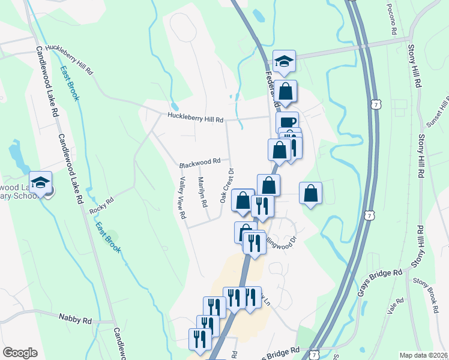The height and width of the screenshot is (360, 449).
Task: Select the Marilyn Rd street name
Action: pos(203,192)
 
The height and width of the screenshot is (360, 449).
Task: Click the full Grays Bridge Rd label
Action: pos(381,282)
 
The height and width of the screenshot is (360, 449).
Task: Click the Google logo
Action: pos(20,352)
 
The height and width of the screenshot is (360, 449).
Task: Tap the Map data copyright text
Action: pos(423,355)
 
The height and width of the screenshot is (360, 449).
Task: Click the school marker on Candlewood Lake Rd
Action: pos(41,182)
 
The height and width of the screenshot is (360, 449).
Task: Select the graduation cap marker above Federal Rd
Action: pos(285,61)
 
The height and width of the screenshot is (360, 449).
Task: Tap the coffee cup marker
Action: pos(287,122)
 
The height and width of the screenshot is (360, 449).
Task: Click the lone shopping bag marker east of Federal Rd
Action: pos(310,193)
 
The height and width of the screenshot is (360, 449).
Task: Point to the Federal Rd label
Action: pos(272,87)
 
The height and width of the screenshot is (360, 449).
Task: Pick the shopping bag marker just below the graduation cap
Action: pos(287,92)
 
